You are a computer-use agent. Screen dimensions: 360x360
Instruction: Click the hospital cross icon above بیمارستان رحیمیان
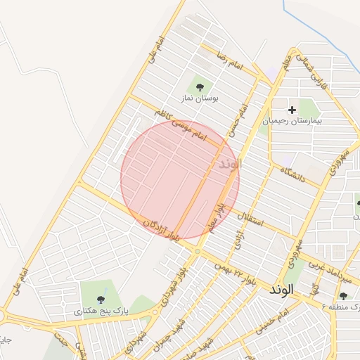[292, 110]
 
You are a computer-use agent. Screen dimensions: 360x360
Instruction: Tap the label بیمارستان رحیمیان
[292, 121]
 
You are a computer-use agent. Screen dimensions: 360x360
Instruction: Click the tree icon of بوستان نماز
[200, 87]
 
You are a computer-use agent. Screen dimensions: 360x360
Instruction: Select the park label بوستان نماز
[200, 99]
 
